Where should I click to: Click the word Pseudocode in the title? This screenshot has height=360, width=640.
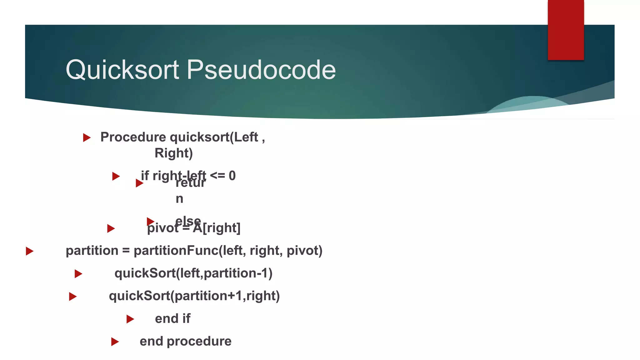coord(261,70)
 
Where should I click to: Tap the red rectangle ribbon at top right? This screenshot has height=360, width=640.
coord(566,30)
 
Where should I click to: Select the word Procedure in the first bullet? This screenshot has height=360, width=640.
coord(133,137)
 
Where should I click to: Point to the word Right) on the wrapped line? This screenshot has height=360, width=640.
coord(174,153)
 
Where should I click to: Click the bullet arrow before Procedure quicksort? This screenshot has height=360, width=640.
coord(87,137)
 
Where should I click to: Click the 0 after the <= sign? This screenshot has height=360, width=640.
coord(232,176)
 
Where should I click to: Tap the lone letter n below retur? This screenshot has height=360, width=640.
coord(179,199)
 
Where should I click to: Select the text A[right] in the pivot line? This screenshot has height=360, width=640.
coord(217,228)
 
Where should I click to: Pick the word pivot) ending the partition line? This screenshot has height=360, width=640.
coord(304,251)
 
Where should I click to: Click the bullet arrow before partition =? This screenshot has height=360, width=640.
coord(30,251)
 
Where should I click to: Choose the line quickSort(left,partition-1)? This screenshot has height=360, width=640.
coord(193,273)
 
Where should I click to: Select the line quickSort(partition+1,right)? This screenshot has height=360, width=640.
coord(194,296)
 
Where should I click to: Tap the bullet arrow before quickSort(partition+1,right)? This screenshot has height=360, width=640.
coord(73,296)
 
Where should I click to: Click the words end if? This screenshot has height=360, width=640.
coord(172,319)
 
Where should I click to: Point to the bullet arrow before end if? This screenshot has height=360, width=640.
coord(130,319)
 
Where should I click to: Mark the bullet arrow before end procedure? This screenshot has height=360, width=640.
coord(115,342)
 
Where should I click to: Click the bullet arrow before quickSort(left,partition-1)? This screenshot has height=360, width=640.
coord(78,274)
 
